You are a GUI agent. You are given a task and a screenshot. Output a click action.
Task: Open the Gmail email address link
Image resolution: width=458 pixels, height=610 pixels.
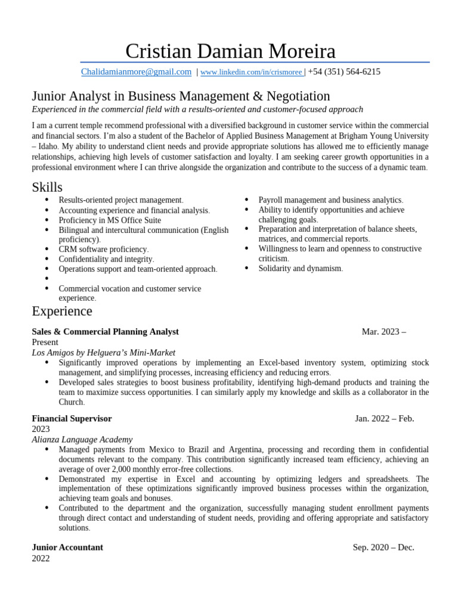click(136, 72)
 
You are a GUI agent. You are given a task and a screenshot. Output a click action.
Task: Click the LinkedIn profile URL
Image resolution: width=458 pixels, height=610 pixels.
click(251, 73)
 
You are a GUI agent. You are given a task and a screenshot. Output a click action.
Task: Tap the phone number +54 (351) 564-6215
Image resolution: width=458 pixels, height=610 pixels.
click(344, 72)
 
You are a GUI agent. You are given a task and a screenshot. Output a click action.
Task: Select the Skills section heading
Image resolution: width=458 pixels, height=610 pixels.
click(47, 187)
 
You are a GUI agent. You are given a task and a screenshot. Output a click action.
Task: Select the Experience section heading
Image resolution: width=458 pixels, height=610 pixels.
click(62, 311)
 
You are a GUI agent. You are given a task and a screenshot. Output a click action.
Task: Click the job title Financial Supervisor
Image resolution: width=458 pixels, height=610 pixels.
click(72, 419)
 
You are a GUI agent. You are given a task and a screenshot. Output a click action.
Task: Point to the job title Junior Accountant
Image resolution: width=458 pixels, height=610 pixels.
click(67, 547)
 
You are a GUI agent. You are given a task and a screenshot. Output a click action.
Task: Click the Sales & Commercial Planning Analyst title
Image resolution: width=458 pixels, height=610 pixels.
click(105, 332)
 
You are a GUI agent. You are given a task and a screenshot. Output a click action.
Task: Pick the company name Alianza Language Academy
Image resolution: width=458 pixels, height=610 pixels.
click(82, 439)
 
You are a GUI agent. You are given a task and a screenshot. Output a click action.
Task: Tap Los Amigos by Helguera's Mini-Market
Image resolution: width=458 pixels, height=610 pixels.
click(103, 353)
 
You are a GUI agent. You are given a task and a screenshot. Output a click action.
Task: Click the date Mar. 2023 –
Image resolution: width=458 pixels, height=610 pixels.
click(383, 332)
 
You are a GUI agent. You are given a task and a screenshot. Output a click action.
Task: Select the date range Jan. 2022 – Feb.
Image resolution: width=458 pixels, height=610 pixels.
click(384, 419)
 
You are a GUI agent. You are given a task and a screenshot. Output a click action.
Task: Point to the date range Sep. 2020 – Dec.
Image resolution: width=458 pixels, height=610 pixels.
click(383, 547)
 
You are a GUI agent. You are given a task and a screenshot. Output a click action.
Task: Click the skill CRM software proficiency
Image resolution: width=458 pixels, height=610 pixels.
click(103, 250)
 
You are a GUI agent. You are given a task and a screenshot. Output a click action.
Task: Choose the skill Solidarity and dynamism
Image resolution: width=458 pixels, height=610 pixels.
click(301, 269)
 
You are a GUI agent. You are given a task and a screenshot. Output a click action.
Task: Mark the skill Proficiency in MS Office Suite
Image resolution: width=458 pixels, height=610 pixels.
click(110, 220)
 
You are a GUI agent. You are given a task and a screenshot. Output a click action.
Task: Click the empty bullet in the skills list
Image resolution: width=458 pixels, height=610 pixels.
click(47, 279)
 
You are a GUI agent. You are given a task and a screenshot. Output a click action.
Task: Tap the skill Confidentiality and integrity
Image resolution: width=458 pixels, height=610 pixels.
click(106, 259)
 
